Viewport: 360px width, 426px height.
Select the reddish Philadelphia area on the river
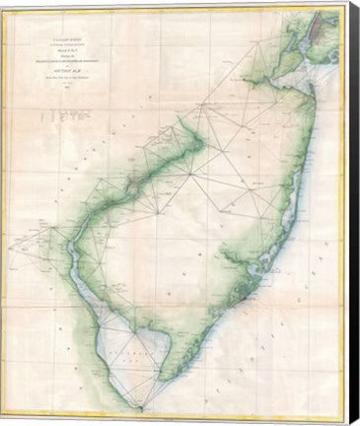130,181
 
